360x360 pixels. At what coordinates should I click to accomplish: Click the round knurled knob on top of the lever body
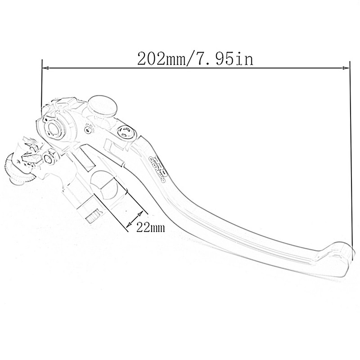pos(102,104)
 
